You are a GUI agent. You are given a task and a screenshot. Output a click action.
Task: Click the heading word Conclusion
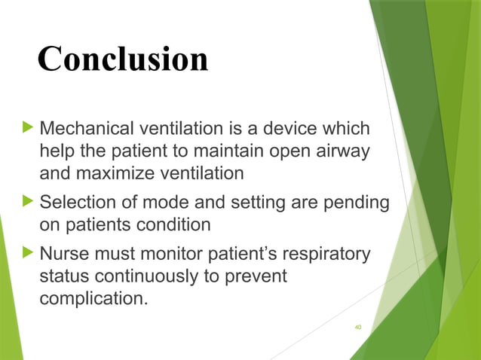(123, 59)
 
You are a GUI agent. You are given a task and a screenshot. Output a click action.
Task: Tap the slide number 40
(357, 327)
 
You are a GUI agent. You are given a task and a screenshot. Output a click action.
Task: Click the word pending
(357, 202)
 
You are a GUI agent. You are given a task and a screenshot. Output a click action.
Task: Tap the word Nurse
(64, 253)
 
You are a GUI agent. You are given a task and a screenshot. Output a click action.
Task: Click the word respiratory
(325, 253)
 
